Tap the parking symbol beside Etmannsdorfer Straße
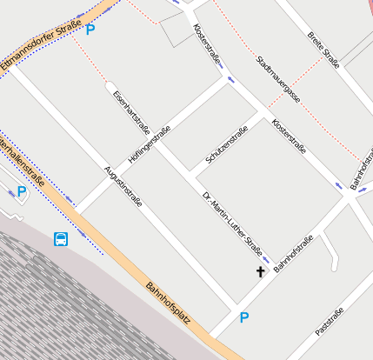pos(90,30)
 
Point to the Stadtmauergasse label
pos(278,79)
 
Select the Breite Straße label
pos(323,49)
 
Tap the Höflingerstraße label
pos(150,145)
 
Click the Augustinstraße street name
pos(123,185)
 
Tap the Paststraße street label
pos(330,321)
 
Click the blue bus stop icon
pos(61,239)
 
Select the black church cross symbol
pos(259,272)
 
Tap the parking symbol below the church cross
pos(244,318)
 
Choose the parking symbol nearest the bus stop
pos(21,192)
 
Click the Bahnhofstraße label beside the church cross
pos(293,253)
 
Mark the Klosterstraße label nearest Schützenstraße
pos(288,137)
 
